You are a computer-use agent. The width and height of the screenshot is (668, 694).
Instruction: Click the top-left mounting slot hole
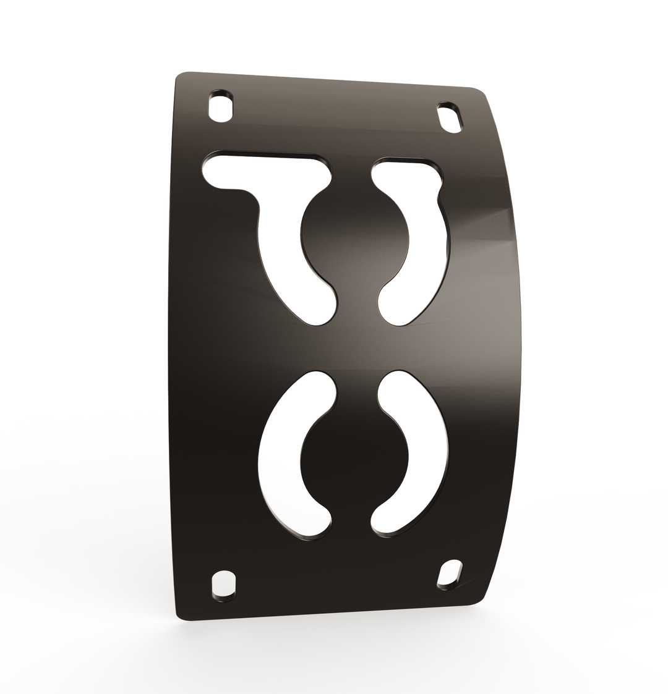pos(221,109)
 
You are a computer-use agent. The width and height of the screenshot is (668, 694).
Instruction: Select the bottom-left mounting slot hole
pos(224,583)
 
